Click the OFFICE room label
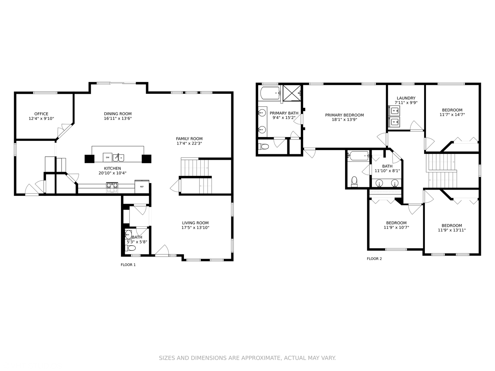(x=41, y=114)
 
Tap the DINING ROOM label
(x=118, y=114)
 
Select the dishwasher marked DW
(x=108, y=157)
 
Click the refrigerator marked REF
(x=142, y=187)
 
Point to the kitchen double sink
(x=118, y=158)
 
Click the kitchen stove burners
(x=112, y=185)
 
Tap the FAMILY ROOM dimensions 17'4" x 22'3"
(x=189, y=143)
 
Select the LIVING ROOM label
(x=195, y=223)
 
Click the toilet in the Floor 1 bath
(x=130, y=248)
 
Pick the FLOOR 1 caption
(x=128, y=265)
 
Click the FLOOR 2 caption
(x=374, y=259)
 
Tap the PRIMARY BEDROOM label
(x=344, y=115)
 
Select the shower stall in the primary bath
(x=292, y=93)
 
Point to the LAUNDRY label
(x=406, y=98)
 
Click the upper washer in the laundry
(x=394, y=111)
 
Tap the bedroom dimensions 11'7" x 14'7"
(x=452, y=114)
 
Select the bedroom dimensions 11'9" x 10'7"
(x=396, y=227)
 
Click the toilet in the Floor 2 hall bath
(x=354, y=182)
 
